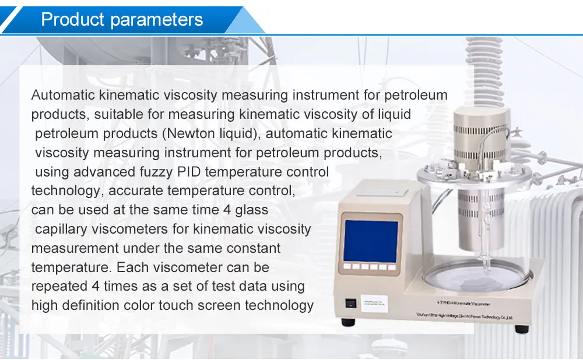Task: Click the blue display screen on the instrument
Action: [371, 240]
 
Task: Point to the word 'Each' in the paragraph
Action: [132, 267]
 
